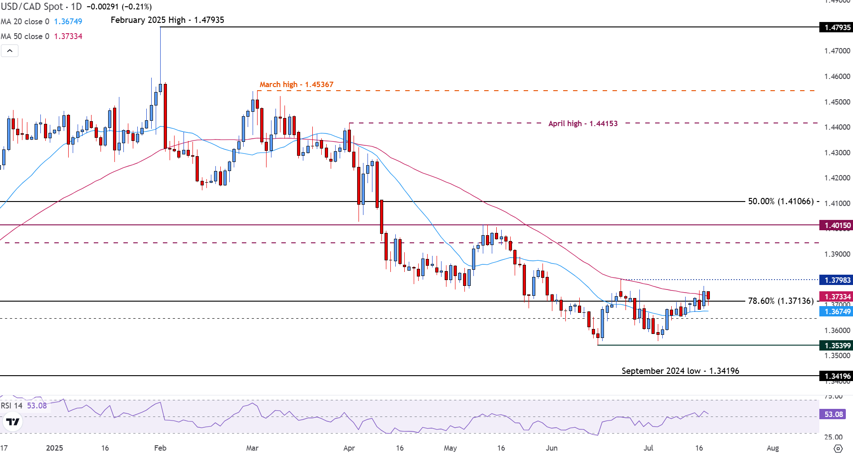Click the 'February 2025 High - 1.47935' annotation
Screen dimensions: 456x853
(x=167, y=20)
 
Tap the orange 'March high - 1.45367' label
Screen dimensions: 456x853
(x=297, y=84)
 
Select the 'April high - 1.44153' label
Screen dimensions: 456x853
(x=583, y=123)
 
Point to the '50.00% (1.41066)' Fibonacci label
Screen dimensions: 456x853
(x=781, y=202)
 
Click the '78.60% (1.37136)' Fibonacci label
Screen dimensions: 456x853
(x=781, y=301)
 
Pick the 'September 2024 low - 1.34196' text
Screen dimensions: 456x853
(x=680, y=371)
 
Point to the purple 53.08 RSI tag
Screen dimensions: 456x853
(x=833, y=414)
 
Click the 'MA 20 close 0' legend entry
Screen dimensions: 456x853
(x=25, y=22)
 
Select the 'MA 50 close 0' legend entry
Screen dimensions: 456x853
(x=25, y=36)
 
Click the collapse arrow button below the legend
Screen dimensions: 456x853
(x=10, y=51)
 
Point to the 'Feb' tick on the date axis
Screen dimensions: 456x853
(x=160, y=448)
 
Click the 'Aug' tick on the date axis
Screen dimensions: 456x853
(x=773, y=448)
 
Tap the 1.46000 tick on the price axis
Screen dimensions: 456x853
(x=837, y=76)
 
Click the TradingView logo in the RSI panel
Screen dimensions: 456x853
(x=13, y=422)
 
